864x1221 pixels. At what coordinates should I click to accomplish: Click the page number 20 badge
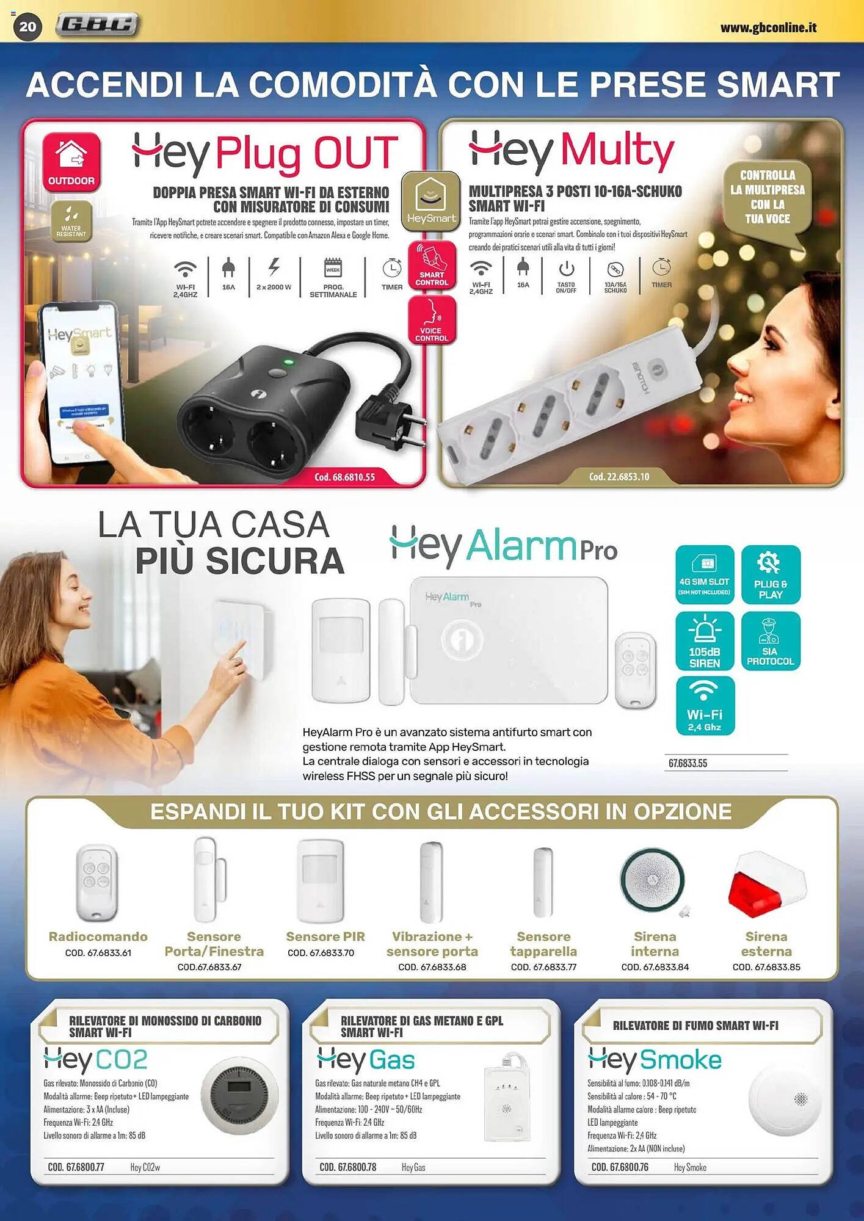tap(27, 26)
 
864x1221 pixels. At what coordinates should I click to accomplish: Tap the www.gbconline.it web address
tap(768, 27)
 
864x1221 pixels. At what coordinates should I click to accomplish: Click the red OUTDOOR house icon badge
tap(71, 161)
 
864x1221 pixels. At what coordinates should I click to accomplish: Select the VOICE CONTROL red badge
tap(432, 320)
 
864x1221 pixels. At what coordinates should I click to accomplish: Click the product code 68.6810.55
tap(344, 477)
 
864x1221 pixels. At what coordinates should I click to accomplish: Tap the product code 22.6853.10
tap(619, 476)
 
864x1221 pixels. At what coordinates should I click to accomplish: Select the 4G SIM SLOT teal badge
tap(704, 574)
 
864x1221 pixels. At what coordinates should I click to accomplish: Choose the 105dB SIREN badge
tap(704, 641)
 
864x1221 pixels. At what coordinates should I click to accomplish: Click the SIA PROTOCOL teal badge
tap(770, 641)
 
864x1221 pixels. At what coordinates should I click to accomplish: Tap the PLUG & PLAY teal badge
tap(770, 574)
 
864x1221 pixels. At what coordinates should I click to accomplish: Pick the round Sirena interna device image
tap(653, 880)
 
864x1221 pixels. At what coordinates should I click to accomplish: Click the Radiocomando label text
tap(98, 937)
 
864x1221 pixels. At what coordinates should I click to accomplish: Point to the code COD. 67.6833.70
tap(321, 952)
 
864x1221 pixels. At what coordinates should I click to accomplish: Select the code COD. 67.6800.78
tap(347, 1167)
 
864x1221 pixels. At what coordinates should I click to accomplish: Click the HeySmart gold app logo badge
tap(431, 201)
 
